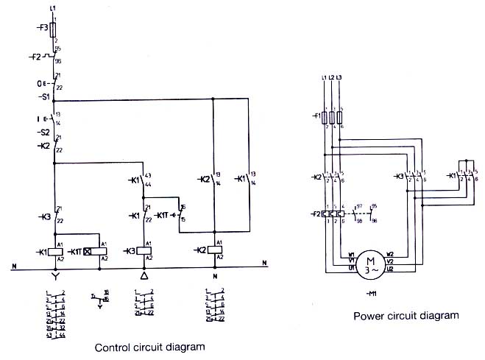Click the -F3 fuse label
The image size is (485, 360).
point(42,28)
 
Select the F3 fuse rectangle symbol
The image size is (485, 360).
point(54,28)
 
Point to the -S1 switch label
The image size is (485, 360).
point(43,96)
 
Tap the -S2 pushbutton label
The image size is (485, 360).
point(43,133)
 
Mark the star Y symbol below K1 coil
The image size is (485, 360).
point(54,278)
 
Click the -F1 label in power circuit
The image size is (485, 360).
point(316,116)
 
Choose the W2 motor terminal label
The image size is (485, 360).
point(390,255)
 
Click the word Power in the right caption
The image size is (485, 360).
point(368,317)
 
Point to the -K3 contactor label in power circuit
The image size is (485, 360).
point(400,177)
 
